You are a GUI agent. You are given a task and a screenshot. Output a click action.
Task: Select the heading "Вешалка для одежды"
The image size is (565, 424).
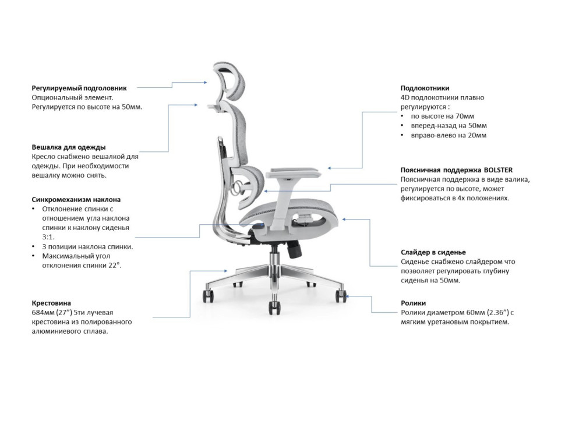coord(69,147)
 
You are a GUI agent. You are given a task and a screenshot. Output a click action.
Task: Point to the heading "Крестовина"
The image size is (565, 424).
coord(51,303)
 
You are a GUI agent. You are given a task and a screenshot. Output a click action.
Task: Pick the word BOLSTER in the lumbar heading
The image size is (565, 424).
coord(498,170)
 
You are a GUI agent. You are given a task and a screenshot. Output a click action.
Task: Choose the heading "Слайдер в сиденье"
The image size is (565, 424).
coord(433,252)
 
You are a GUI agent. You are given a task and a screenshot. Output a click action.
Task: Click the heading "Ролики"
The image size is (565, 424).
coord(413,303)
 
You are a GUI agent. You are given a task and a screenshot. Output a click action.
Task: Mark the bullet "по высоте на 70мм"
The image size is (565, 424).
coord(443,116)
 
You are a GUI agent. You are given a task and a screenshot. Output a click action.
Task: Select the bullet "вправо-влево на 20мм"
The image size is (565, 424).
coord(449,135)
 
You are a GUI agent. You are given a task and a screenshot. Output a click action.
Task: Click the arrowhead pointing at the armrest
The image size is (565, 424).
coord(330,168)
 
